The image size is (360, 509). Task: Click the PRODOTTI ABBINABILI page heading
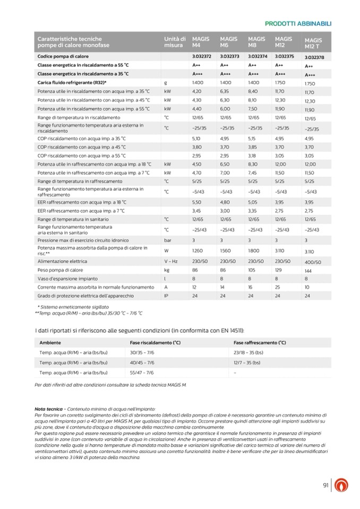pos(297,23)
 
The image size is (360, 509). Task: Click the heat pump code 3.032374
pos(256,56)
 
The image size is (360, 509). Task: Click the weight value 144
pos(308,271)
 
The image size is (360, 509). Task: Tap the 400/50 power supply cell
pos(313,262)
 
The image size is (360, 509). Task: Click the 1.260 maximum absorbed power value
pos(198,250)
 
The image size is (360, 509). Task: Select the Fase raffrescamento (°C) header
pos(260,343)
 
